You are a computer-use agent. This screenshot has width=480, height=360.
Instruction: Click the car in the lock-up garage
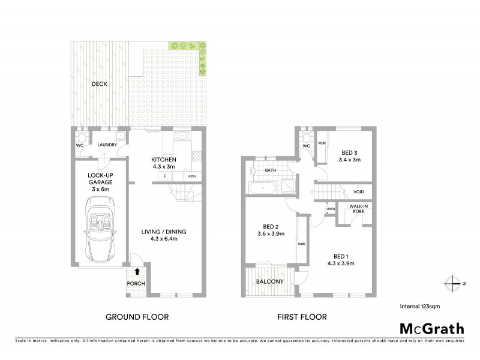(x=100, y=230)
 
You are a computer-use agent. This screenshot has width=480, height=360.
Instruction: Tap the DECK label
(x=99, y=84)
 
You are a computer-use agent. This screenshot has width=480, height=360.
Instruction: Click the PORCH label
(x=136, y=284)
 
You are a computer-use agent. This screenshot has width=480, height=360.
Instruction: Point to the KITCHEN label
(x=164, y=159)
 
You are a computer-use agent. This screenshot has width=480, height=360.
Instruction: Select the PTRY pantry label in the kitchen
(x=193, y=176)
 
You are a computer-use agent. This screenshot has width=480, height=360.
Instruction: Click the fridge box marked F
(x=164, y=176)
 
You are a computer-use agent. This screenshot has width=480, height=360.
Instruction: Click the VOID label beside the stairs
(x=359, y=192)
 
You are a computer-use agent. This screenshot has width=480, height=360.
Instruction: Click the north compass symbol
(x=454, y=283)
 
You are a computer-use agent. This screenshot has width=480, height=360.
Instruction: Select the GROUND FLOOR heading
(x=137, y=317)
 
